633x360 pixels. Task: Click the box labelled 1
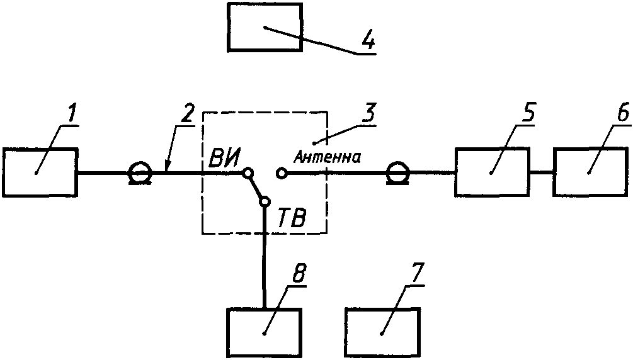40,172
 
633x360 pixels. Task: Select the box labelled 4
264,30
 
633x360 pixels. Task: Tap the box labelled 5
493,172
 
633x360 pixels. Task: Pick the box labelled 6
590,172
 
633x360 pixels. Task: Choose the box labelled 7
382,332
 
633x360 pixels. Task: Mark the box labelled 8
265,332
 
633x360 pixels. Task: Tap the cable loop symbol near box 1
139,173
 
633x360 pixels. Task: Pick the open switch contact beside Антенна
282,172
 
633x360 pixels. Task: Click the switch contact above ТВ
264,201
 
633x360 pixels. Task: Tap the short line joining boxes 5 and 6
542,172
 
